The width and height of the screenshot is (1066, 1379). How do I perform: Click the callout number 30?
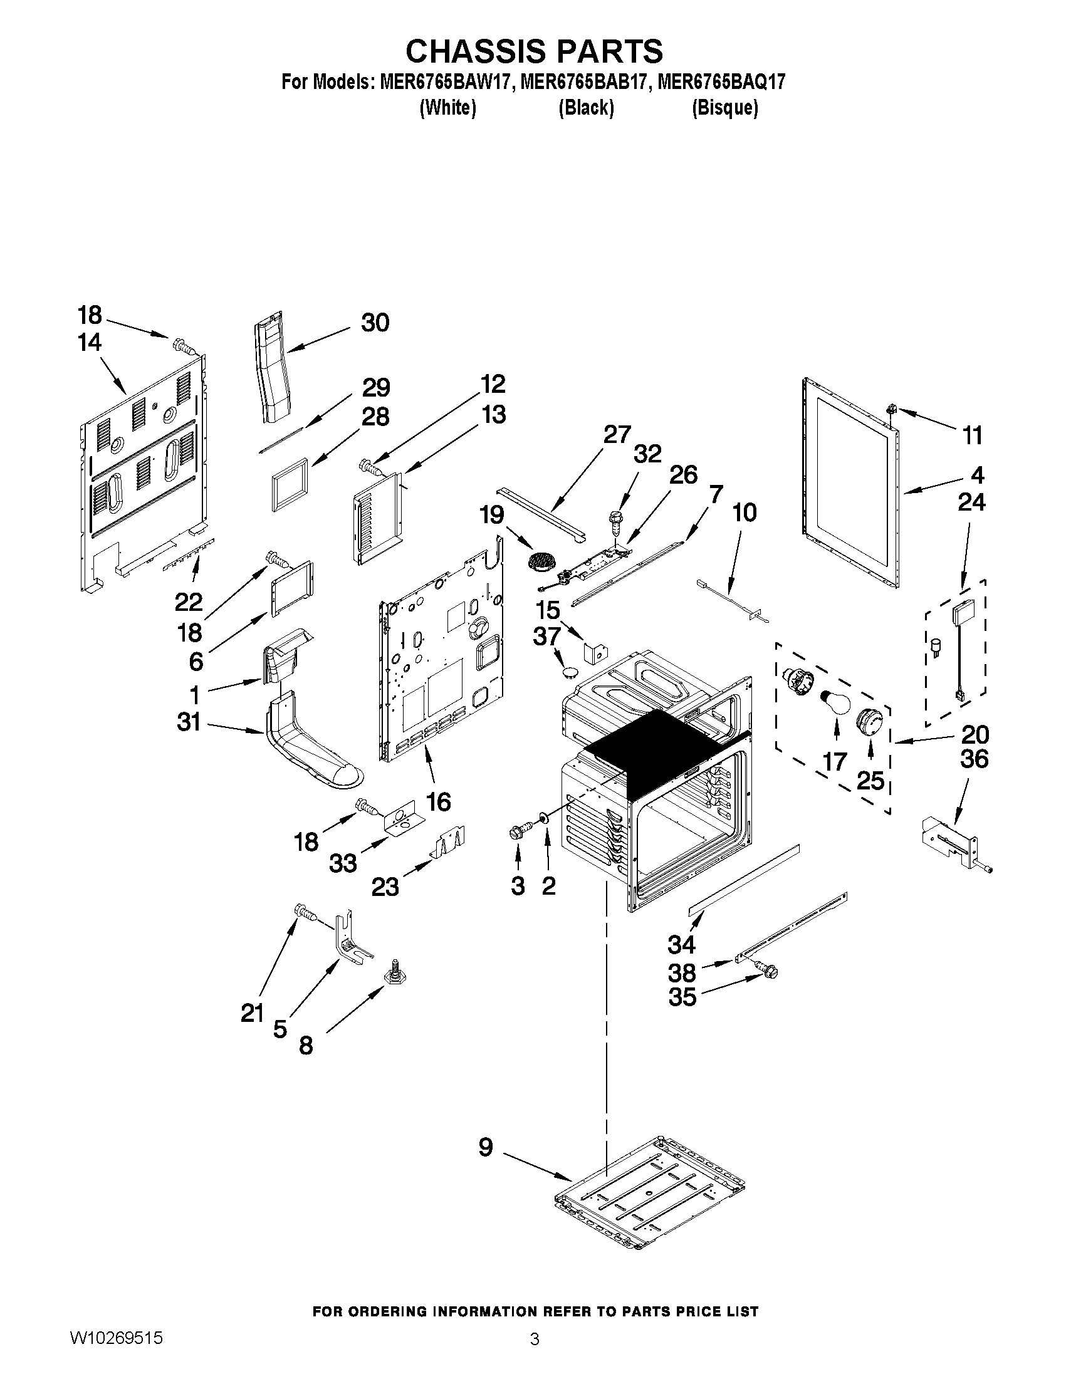pos(375,323)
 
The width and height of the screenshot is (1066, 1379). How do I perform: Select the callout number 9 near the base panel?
pos(485,1147)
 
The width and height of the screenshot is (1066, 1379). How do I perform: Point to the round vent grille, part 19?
pos(540,560)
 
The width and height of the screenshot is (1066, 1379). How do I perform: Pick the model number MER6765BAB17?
pos(583,82)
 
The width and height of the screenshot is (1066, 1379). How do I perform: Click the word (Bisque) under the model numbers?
pos(725,108)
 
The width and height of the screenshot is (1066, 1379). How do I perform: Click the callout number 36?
pos(973,759)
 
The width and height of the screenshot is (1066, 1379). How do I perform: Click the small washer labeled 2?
pos(543,821)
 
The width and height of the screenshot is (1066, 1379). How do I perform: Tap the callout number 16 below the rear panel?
pos(438,802)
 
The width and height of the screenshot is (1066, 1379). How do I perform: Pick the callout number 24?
pos(971,502)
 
